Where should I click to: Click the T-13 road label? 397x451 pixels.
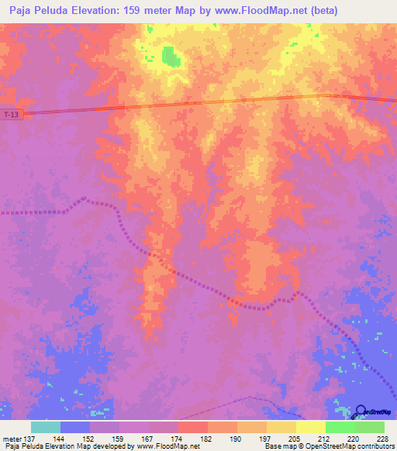tap(11, 115)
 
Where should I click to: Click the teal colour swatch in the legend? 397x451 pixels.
tap(46, 427)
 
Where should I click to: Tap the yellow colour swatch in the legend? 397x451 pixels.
tap(310, 427)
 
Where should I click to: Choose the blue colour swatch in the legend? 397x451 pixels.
tap(75, 427)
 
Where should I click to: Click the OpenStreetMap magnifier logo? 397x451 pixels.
tap(361, 411)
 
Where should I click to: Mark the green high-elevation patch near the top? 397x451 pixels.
tap(169, 55)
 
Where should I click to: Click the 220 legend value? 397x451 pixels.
tap(353, 438)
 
